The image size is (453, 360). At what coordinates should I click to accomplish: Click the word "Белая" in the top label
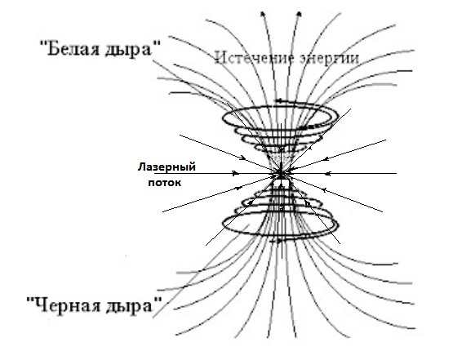tap(72, 48)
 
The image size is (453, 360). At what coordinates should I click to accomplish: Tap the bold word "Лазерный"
tap(167, 167)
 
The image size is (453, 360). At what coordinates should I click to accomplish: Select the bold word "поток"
tap(165, 183)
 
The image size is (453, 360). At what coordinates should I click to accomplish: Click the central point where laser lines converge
tap(281, 173)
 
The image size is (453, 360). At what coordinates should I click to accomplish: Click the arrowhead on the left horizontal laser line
tap(236, 173)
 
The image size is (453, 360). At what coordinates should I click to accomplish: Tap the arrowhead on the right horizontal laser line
tap(327, 174)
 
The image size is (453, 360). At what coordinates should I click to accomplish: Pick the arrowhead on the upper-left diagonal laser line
tap(242, 158)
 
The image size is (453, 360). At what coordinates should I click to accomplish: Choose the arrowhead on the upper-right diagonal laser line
tap(326, 158)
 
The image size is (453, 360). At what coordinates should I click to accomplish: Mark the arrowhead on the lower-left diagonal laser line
tap(239, 188)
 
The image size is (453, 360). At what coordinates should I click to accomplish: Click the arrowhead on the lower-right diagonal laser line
tap(324, 190)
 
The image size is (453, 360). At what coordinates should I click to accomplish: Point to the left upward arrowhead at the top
tap(263, 14)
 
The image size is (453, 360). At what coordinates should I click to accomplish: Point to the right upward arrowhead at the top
tap(300, 14)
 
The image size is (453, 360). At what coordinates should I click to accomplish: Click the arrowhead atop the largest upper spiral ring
tap(279, 101)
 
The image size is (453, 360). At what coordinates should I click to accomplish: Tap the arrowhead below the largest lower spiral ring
tap(278, 241)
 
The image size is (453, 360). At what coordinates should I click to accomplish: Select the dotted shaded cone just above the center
tap(281, 159)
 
